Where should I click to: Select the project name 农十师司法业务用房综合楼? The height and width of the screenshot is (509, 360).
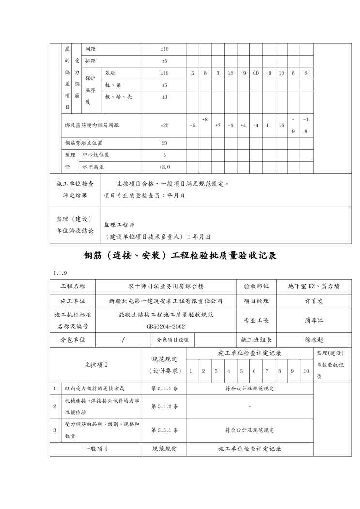(165, 286)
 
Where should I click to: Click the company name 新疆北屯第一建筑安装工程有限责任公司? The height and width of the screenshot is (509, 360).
(165, 300)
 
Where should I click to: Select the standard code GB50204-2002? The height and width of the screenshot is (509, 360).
(165, 326)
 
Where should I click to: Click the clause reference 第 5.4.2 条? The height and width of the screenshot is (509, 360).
(165, 406)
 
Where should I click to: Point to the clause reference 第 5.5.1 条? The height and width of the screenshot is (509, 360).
(165, 430)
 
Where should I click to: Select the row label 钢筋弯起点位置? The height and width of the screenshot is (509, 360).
(84, 143)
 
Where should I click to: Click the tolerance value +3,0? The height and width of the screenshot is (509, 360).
(165, 167)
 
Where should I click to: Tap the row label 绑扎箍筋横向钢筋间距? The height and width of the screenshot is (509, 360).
(92, 125)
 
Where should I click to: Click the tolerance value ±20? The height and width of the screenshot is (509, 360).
(165, 125)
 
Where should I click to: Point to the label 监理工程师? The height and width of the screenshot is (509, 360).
(119, 225)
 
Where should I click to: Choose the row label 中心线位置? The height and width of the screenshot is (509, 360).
(96, 155)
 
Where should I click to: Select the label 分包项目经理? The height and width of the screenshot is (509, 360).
(172, 340)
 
